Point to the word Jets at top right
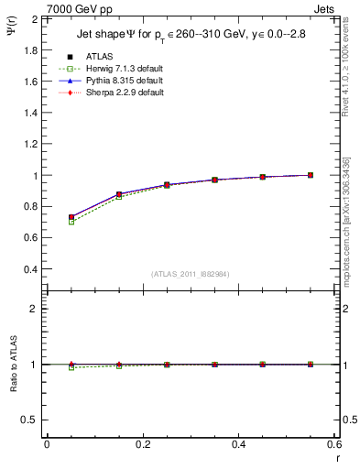[x=325, y=7]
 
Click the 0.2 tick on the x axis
[x=143, y=443]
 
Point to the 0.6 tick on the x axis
[x=334, y=443]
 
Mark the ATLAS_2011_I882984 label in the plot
[x=191, y=274]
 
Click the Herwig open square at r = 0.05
[x=47, y=222]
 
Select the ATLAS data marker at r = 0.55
[x=311, y=175]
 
